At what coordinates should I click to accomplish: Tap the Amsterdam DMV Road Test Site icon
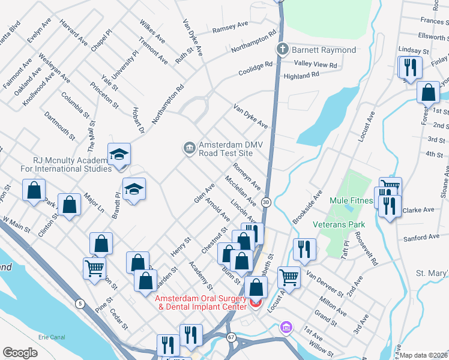pyautogui.click(x=189, y=147)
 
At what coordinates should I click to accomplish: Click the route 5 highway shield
pyautogui.click(x=80, y=304)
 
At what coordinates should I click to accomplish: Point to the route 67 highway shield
pyautogui.click(x=232, y=337)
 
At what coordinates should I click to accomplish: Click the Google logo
pyautogui.click(x=20, y=353)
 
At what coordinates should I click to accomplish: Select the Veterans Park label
pyautogui.click(x=339, y=224)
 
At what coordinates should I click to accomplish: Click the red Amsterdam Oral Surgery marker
pyautogui.click(x=256, y=303)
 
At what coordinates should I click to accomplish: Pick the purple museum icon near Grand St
pyautogui.click(x=286, y=328)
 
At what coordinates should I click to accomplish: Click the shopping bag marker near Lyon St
pyautogui.click(x=428, y=94)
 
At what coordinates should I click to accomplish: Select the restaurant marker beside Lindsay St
pyautogui.click(x=410, y=67)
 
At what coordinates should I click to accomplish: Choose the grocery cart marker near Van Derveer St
pyautogui.click(x=289, y=277)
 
